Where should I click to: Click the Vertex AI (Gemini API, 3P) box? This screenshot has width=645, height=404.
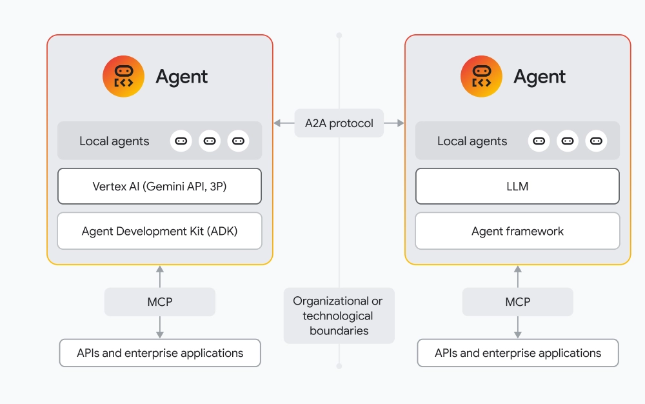[159, 187]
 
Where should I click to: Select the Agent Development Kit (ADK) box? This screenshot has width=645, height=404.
[159, 231]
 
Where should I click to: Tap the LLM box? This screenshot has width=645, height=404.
[517, 187]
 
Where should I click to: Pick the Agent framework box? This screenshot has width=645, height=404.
[517, 231]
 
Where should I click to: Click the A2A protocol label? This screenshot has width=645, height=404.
[339, 123]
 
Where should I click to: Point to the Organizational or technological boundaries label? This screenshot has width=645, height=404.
[339, 316]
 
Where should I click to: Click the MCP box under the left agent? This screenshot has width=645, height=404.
[159, 301]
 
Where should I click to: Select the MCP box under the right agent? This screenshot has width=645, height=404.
[517, 301]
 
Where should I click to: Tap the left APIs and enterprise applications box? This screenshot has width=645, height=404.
[159, 353]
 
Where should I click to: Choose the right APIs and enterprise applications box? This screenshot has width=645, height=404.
[517, 353]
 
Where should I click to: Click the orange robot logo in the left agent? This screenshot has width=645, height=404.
[123, 76]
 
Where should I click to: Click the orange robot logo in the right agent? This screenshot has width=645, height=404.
[481, 76]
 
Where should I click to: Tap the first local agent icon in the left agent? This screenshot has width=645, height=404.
[181, 141]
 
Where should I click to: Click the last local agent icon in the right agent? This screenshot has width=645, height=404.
[596, 141]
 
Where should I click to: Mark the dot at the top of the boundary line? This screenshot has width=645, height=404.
[339, 35]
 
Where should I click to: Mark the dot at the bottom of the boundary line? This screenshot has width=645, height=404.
[339, 366]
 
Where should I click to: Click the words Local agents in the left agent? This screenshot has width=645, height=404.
[114, 141]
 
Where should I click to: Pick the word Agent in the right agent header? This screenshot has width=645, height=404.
[539, 77]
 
